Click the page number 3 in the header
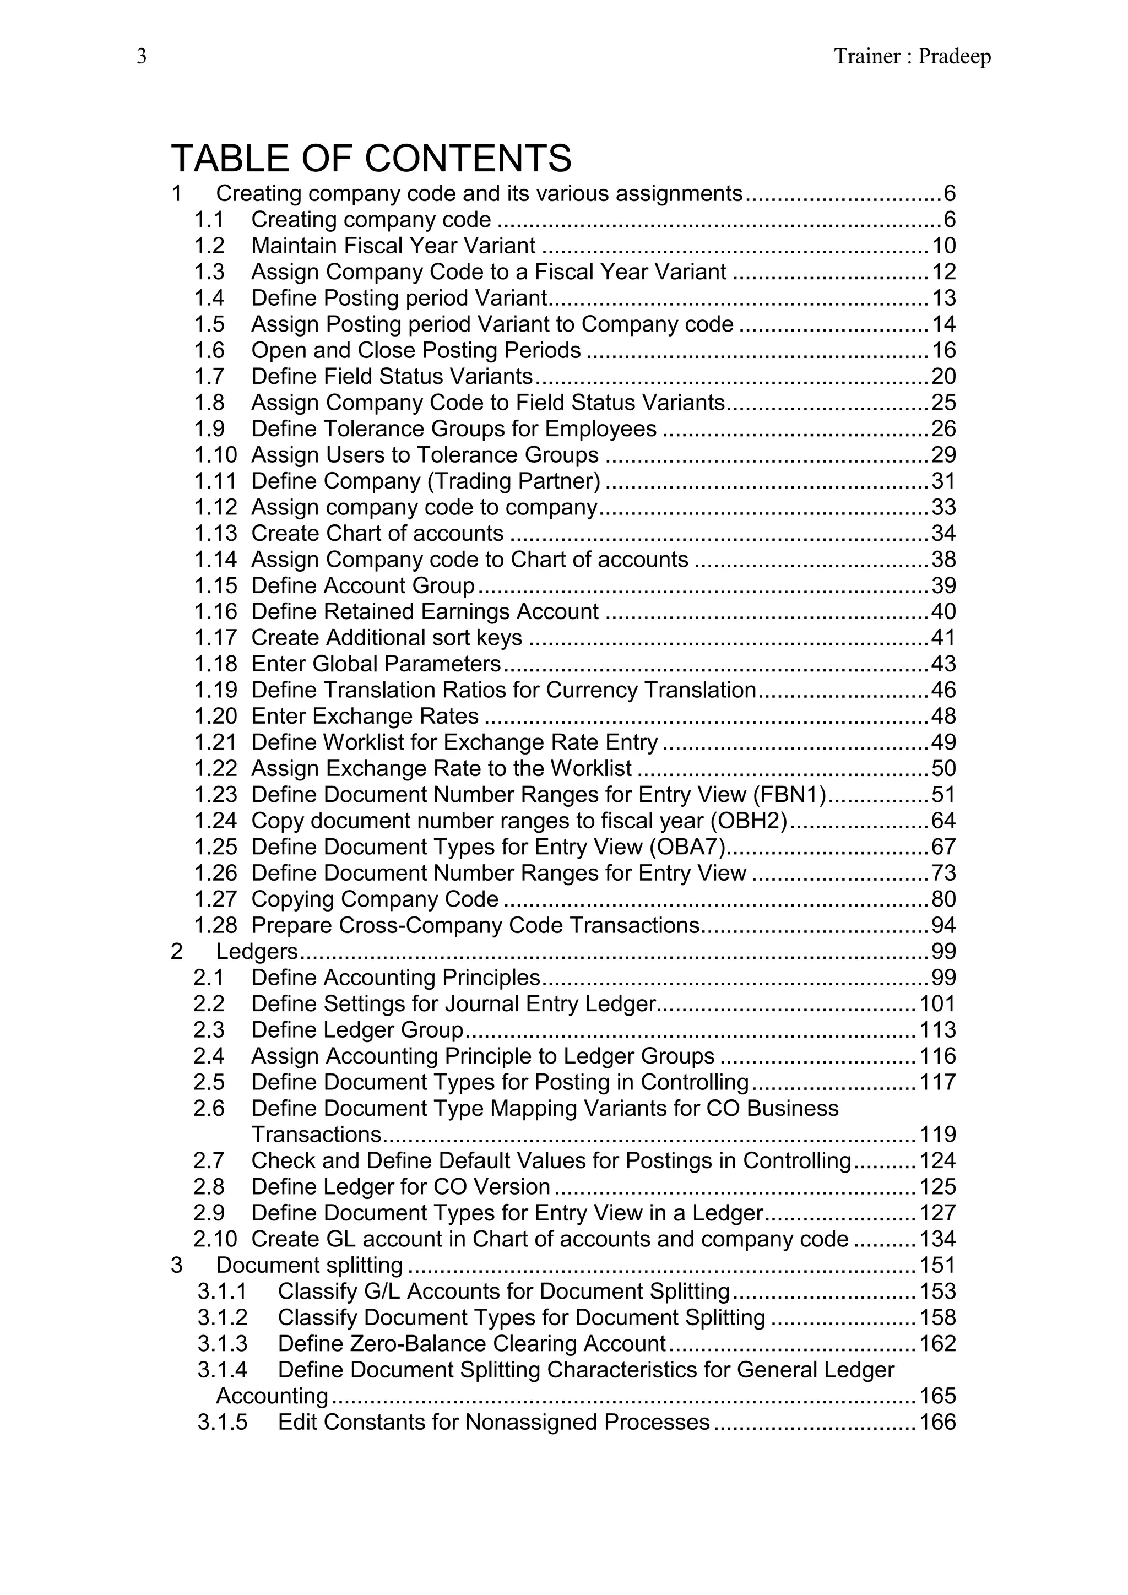coord(142,56)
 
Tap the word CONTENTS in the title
coord(468,159)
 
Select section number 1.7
coord(209,377)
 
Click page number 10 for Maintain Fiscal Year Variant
coord(944,246)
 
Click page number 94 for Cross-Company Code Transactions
coord(944,925)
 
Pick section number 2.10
coord(215,1239)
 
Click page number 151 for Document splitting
coord(937,1266)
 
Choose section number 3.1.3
coord(223,1344)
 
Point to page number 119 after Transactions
coord(937,1135)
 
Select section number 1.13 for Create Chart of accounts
coord(215,534)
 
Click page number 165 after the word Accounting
coord(937,1396)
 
